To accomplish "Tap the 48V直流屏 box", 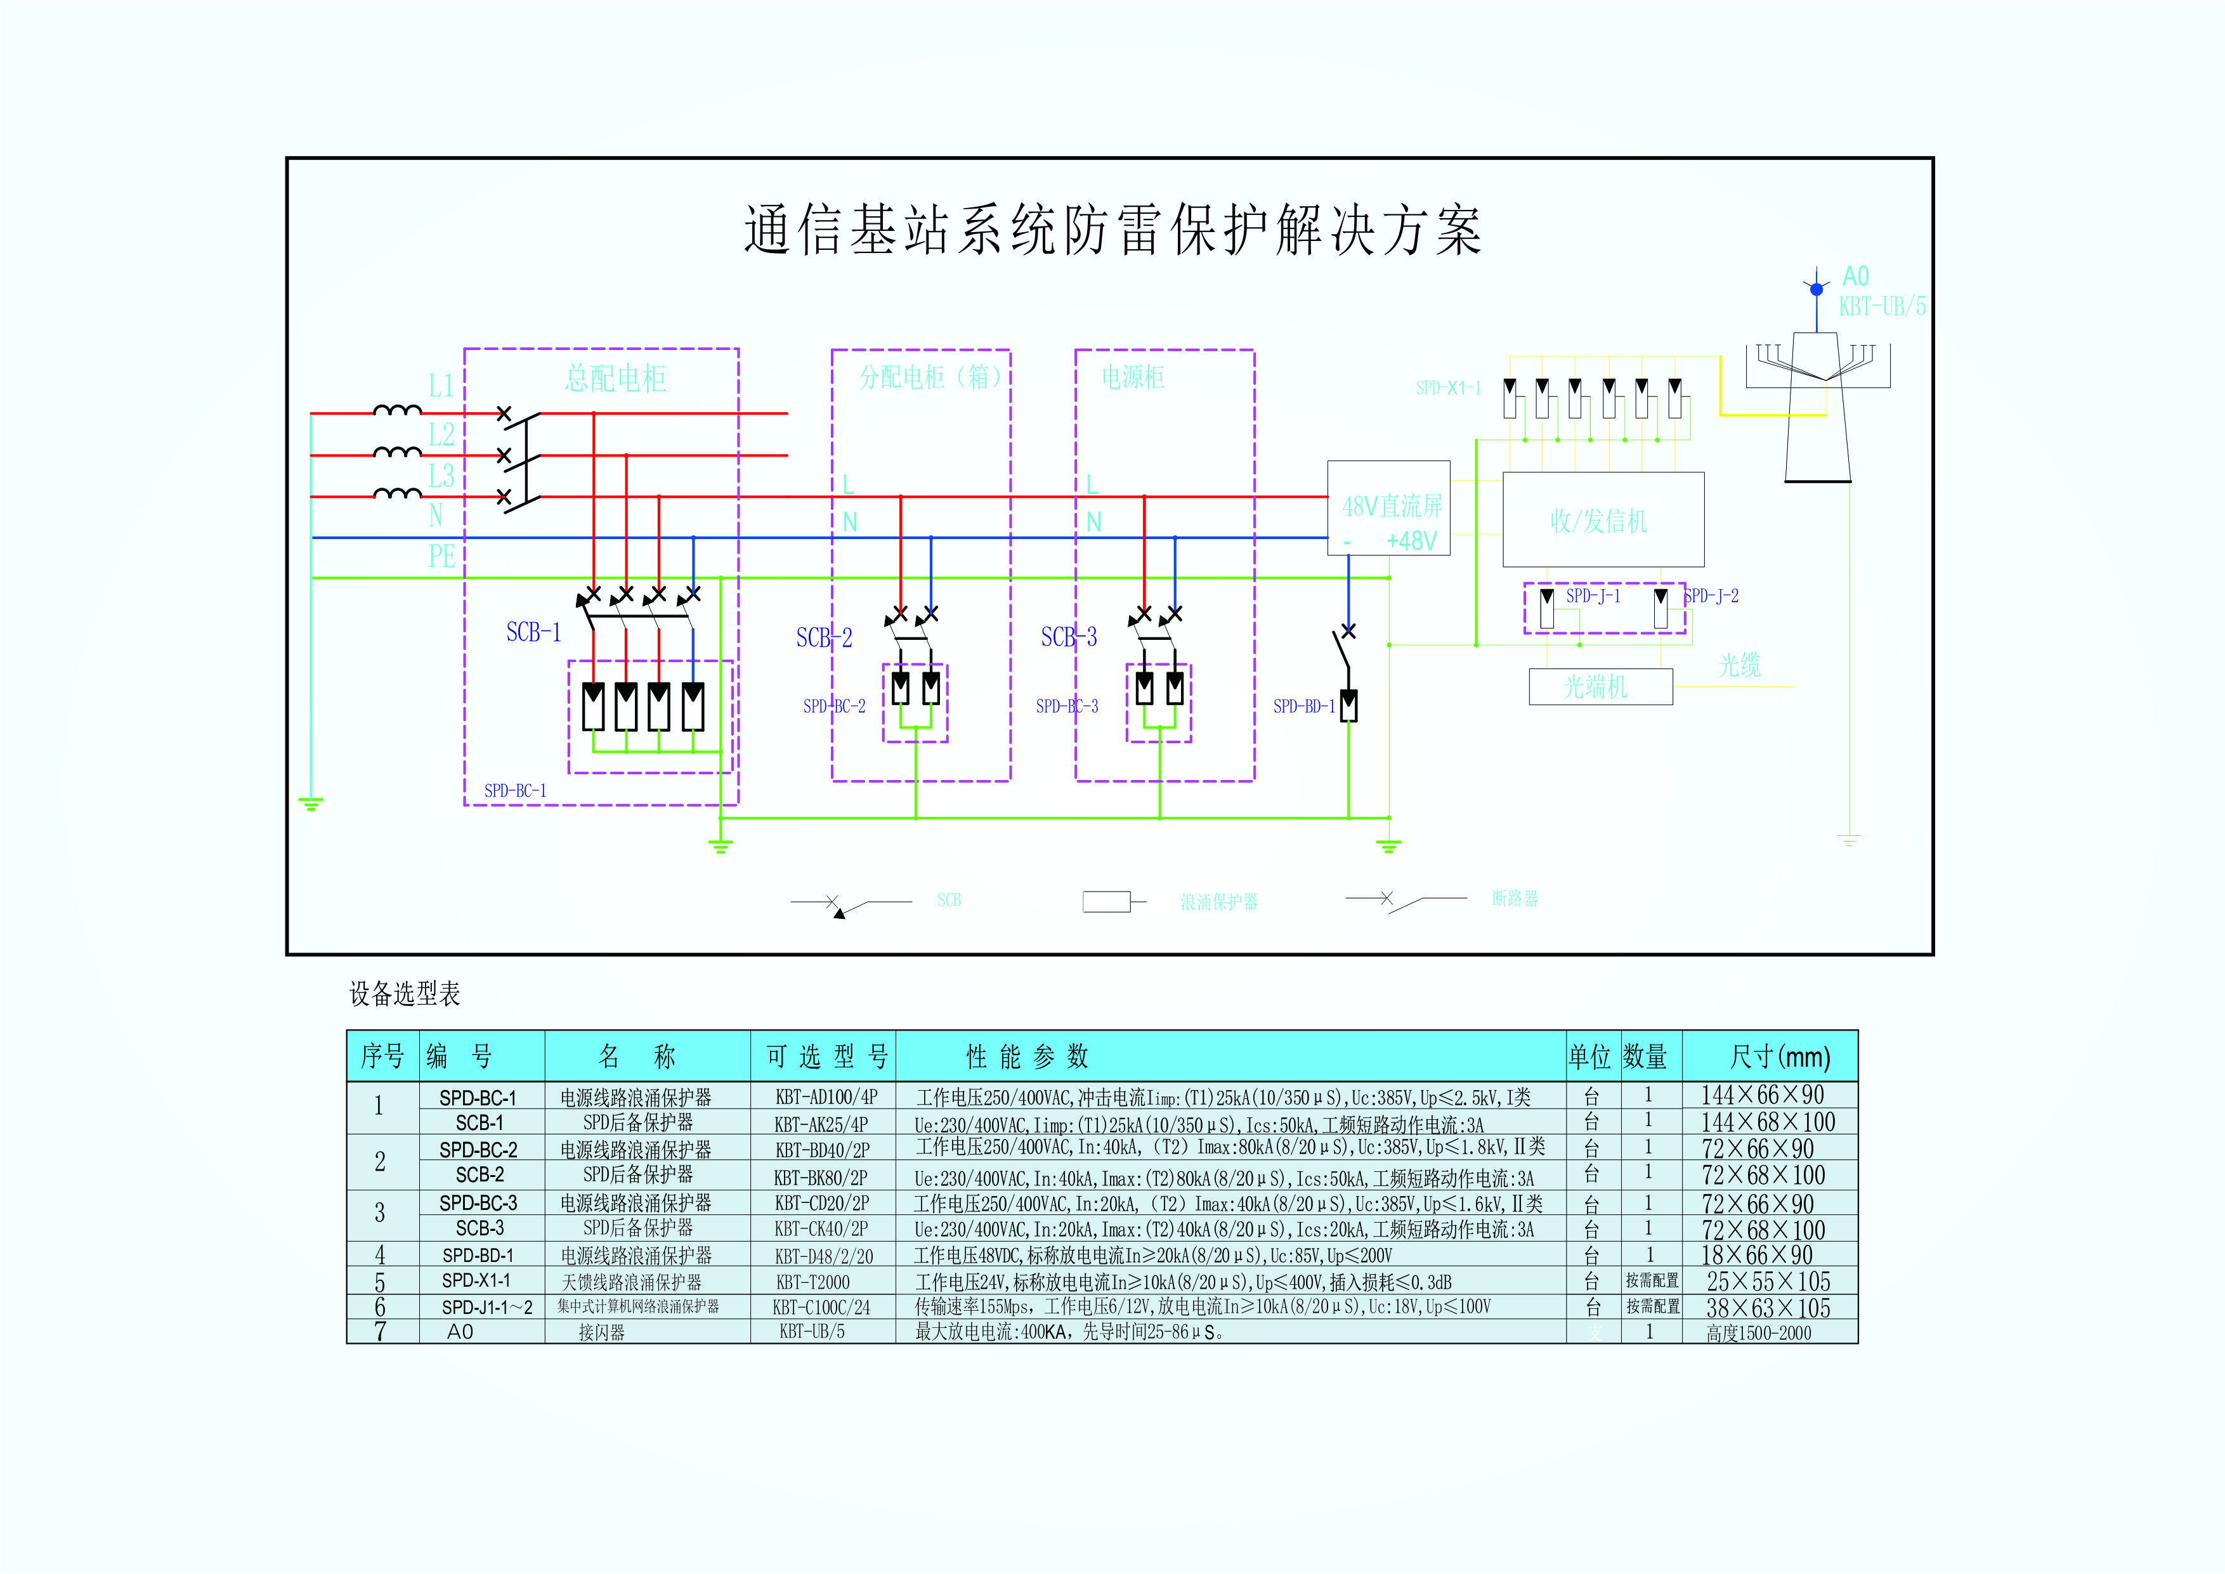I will click(x=1388, y=508).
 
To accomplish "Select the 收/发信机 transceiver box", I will click(x=1603, y=521).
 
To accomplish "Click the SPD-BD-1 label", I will click(x=1303, y=706).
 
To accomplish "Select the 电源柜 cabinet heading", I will click(x=1132, y=378).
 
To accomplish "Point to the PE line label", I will click(x=442, y=556).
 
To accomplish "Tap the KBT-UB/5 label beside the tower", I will click(x=1882, y=307).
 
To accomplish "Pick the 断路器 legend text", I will click(x=1515, y=899).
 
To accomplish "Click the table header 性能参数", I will click(x=1028, y=1057).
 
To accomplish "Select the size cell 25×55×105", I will click(x=1768, y=1281).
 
